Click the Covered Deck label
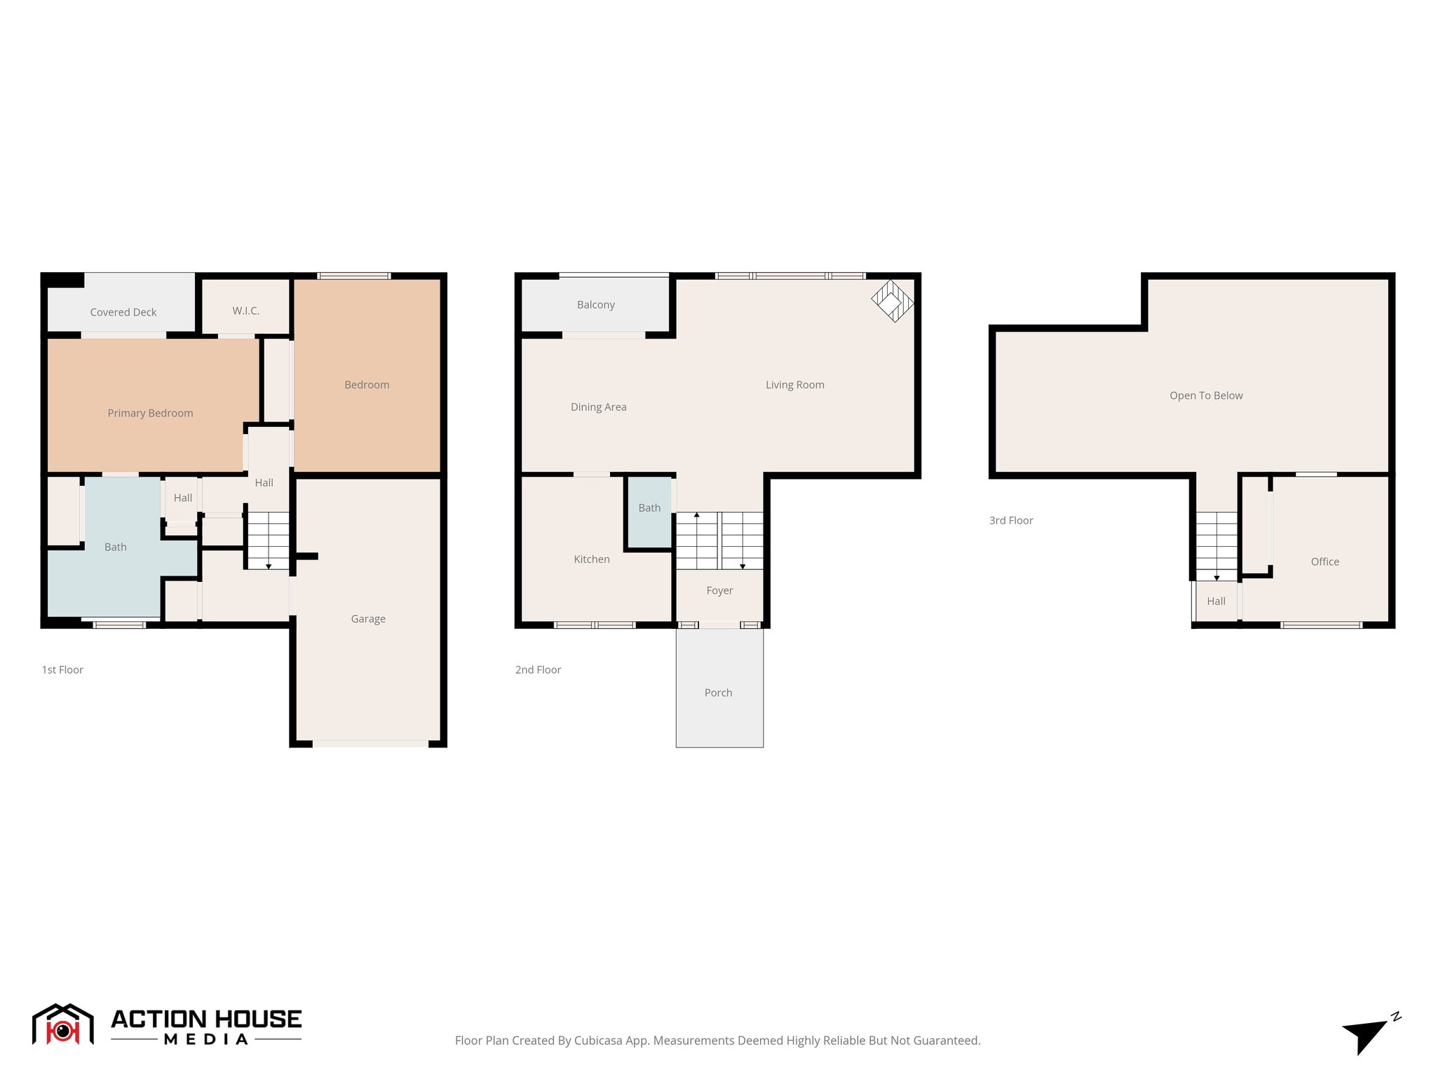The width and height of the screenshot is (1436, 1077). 123,312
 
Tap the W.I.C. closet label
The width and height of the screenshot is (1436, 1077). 245,311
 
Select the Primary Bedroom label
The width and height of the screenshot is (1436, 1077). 150,413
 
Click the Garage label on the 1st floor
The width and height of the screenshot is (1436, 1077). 368,618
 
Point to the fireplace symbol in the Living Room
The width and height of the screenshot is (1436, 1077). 892,301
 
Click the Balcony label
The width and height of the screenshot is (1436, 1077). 595,304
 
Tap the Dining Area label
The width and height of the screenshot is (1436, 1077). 598,407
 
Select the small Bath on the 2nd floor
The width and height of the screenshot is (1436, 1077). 649,508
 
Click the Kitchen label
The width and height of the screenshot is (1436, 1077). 591,559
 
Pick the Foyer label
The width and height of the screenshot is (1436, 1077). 719,590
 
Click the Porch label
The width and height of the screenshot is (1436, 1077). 718,693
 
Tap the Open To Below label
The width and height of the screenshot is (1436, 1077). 1205,395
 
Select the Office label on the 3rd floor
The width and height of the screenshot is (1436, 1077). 1325,562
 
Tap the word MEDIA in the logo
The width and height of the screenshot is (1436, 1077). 206,1040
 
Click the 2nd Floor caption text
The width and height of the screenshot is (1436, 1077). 538,670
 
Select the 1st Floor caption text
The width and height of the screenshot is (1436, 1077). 62,670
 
